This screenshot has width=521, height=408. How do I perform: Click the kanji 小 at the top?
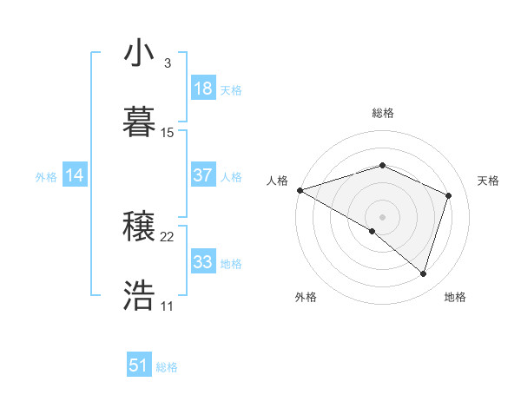[x=139, y=56]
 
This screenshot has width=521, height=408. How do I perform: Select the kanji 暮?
[x=139, y=121]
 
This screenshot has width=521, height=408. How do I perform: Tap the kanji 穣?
[x=139, y=228]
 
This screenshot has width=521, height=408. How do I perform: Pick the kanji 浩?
[x=139, y=296]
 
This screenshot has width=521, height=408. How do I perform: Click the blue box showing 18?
[x=202, y=89]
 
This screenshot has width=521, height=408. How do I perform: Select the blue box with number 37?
[x=202, y=175]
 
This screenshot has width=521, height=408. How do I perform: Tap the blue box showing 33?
[x=202, y=262]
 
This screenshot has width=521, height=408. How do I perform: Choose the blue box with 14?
[x=75, y=175]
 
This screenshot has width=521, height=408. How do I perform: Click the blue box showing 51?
[x=139, y=365]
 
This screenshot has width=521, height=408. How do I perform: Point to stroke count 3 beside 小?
[x=167, y=63]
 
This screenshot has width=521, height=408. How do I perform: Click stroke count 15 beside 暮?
[x=168, y=133]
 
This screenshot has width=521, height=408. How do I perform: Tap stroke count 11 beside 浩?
[x=168, y=306]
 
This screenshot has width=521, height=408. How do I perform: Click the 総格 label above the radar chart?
[x=382, y=113]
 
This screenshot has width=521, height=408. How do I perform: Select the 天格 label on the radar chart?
[x=488, y=181]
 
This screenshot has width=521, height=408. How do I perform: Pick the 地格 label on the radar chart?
[x=455, y=297]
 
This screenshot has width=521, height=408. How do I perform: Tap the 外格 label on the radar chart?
[x=306, y=297]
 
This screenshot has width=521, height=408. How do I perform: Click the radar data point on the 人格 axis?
[x=300, y=190]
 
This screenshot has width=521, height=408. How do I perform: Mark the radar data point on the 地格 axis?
[x=423, y=273]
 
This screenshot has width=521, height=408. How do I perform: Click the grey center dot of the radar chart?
[x=382, y=216]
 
